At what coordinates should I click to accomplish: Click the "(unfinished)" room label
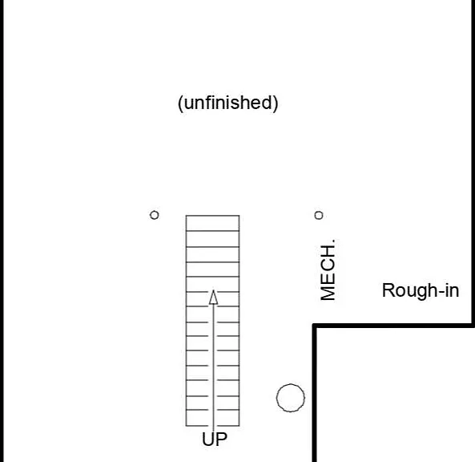click(227, 103)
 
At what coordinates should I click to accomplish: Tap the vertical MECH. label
click(328, 269)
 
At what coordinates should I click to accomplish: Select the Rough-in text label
click(421, 290)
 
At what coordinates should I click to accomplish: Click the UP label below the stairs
click(215, 439)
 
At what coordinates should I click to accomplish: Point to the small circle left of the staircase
click(154, 215)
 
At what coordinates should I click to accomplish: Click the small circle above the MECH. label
click(319, 216)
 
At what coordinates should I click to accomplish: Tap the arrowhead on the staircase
click(213, 297)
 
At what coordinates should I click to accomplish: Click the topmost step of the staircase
click(212, 223)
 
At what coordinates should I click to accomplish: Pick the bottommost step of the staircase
click(212, 418)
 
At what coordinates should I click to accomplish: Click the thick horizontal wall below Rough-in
click(393, 326)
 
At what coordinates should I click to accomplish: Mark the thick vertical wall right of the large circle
click(315, 393)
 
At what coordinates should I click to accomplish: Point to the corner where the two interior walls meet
click(315, 326)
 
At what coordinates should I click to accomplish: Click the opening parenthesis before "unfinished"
click(180, 104)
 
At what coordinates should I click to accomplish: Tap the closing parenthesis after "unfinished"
click(276, 104)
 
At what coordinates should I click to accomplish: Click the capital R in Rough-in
click(388, 290)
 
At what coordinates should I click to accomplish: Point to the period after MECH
click(333, 241)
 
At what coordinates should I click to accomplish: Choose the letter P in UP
click(222, 439)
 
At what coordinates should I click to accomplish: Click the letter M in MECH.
click(328, 293)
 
